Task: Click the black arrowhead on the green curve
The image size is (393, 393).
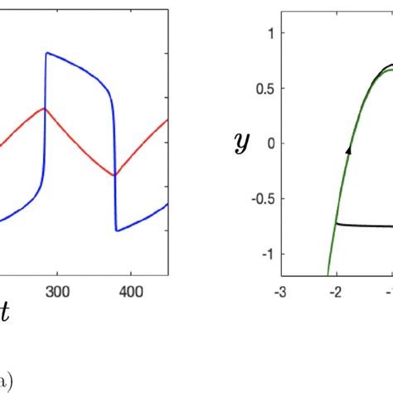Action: point(349,150)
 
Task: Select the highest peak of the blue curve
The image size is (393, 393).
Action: point(46,52)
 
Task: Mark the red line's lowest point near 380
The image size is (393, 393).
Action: point(114,175)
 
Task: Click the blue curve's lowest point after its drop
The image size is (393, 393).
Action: point(117,231)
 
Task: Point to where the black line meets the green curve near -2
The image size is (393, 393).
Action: point(337,224)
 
